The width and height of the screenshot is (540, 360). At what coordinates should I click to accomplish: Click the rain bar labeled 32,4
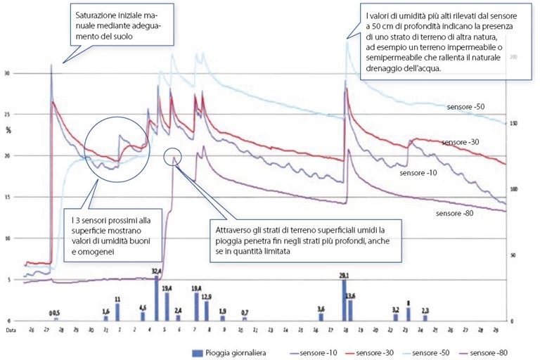pos(156,298)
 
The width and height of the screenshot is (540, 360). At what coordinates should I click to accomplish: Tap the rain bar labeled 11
pos(117,311)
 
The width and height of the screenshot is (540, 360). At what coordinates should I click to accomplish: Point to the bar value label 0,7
pos(245,312)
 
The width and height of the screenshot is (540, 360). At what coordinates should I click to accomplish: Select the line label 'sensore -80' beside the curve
pos(454,213)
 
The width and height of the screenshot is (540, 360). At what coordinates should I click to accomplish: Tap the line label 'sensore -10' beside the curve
pos(418,172)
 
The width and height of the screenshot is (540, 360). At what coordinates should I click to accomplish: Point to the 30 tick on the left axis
pos(7,73)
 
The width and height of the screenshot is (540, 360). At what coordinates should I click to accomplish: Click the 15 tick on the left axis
pos(7,197)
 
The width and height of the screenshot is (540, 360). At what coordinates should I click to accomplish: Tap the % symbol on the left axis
pos(9,129)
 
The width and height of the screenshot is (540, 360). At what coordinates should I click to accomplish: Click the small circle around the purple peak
pos(172,157)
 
